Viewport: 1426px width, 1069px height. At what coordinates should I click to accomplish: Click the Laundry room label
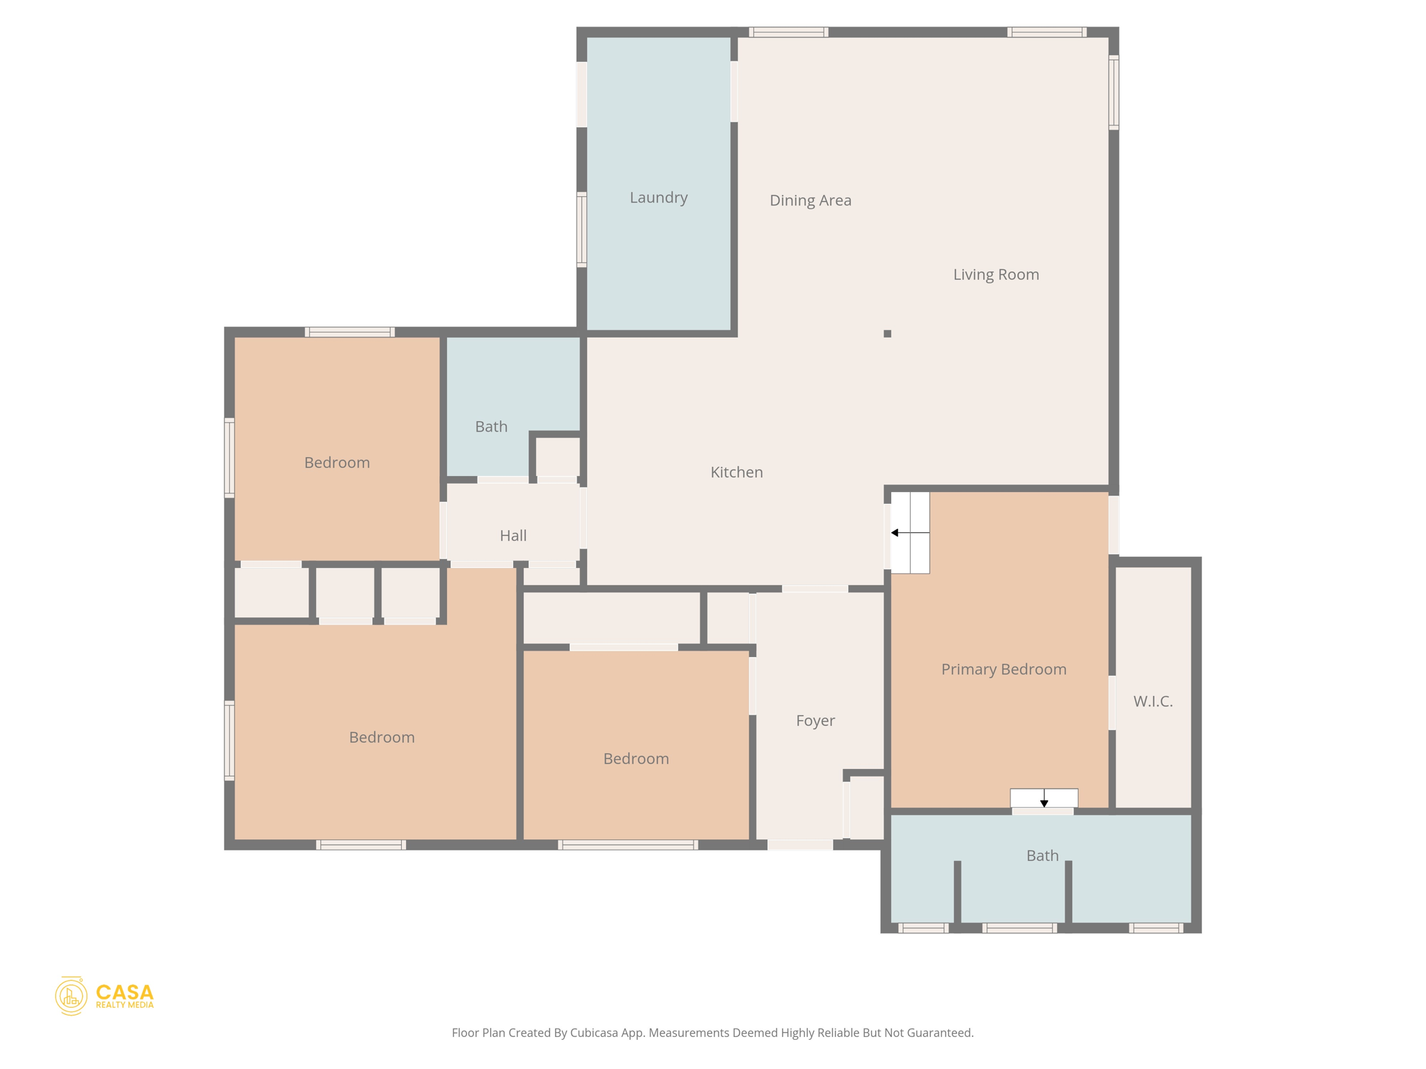[658, 198]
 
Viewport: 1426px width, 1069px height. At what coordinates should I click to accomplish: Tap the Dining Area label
[810, 200]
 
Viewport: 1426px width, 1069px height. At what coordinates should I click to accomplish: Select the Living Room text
[996, 275]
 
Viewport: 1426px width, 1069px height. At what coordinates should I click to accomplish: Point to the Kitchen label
[736, 473]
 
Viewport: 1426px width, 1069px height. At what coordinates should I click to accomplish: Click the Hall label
[512, 536]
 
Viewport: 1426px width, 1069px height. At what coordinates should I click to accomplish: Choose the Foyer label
[815, 721]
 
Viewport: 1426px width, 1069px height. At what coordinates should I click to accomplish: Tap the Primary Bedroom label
[1003, 670]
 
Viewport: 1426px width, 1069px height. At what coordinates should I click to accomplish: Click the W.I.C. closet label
[1152, 702]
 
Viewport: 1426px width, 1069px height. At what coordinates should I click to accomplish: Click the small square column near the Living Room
[887, 334]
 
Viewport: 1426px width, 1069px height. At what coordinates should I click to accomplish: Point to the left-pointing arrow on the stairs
[896, 532]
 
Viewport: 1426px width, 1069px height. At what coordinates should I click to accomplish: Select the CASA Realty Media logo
[104, 996]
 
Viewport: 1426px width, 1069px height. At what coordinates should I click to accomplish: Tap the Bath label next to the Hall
[491, 427]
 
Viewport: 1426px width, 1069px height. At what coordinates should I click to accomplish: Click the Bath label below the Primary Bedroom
[1042, 856]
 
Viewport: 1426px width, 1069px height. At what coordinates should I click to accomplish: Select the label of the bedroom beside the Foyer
[636, 759]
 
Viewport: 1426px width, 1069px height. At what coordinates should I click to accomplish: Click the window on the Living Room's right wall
[1113, 93]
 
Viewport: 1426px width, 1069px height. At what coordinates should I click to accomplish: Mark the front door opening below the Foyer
[799, 845]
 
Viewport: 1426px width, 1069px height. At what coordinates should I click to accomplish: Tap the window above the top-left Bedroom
[350, 332]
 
